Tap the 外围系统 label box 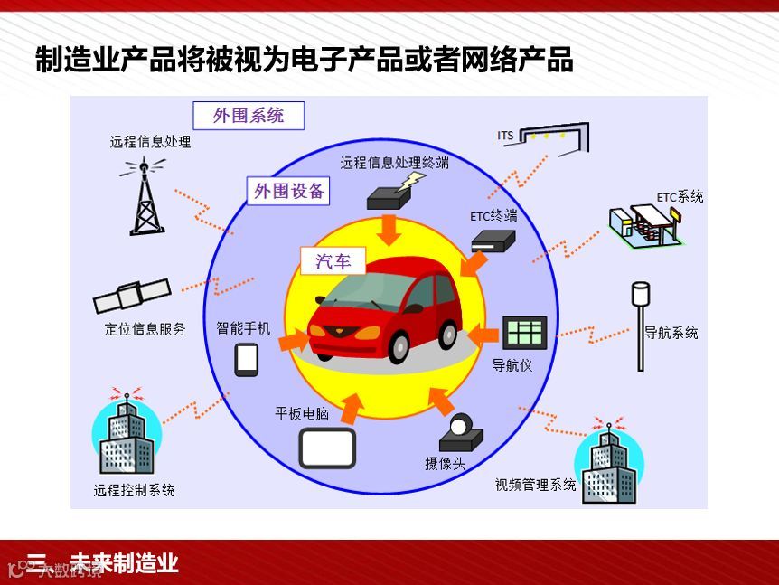tap(249, 116)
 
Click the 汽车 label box tap(333, 261)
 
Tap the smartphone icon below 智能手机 tap(247, 359)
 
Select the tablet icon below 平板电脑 tap(327, 448)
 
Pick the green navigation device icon tap(524, 333)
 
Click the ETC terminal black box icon tap(493, 241)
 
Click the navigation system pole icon tap(641, 326)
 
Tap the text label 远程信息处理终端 tap(394, 163)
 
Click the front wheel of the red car tap(399, 348)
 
